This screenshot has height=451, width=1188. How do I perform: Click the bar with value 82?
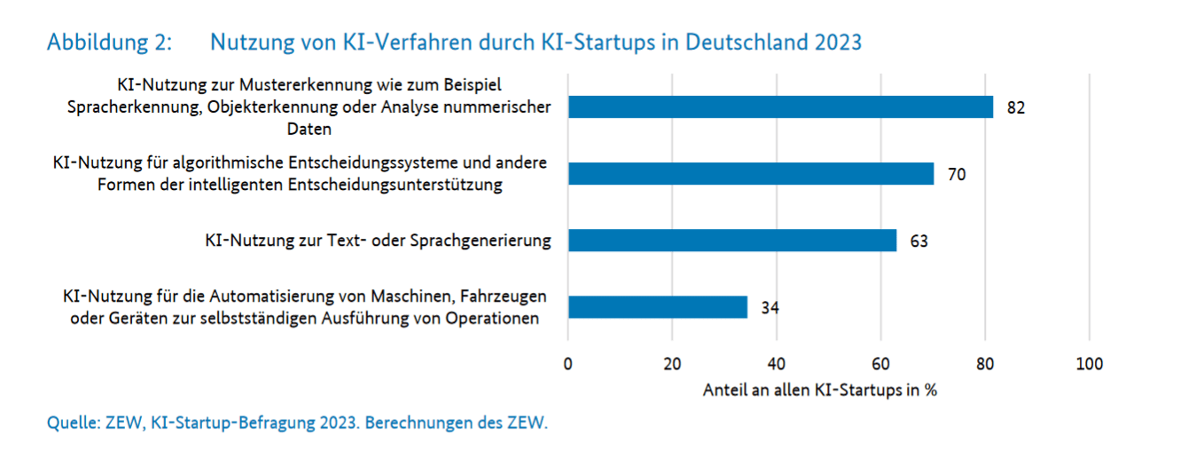pos(780,107)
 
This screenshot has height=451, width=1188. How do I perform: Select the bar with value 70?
pos(750,174)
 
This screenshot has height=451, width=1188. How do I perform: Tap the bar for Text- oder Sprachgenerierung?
pos(731,241)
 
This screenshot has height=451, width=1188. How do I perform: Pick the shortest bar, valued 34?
pos(657,307)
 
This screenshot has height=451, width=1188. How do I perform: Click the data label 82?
pos(1015,108)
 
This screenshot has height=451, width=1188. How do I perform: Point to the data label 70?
pos(956,175)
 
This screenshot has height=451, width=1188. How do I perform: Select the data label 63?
pos(918,241)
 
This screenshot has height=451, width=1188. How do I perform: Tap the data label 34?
pos(770,308)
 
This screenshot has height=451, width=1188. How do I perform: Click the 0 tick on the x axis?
pos(568,363)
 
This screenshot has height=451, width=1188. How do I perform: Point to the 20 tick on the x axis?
pos(672,363)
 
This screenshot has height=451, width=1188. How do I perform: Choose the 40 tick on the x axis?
pos(777,363)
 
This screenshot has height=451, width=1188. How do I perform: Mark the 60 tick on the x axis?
pos(880,363)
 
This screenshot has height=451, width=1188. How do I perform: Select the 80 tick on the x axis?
pos(984,363)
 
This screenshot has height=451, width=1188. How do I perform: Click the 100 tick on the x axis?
pos(1088,363)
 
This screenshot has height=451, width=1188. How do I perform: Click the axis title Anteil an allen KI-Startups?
pos(820,390)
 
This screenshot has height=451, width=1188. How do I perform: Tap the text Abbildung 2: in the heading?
pos(109,43)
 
